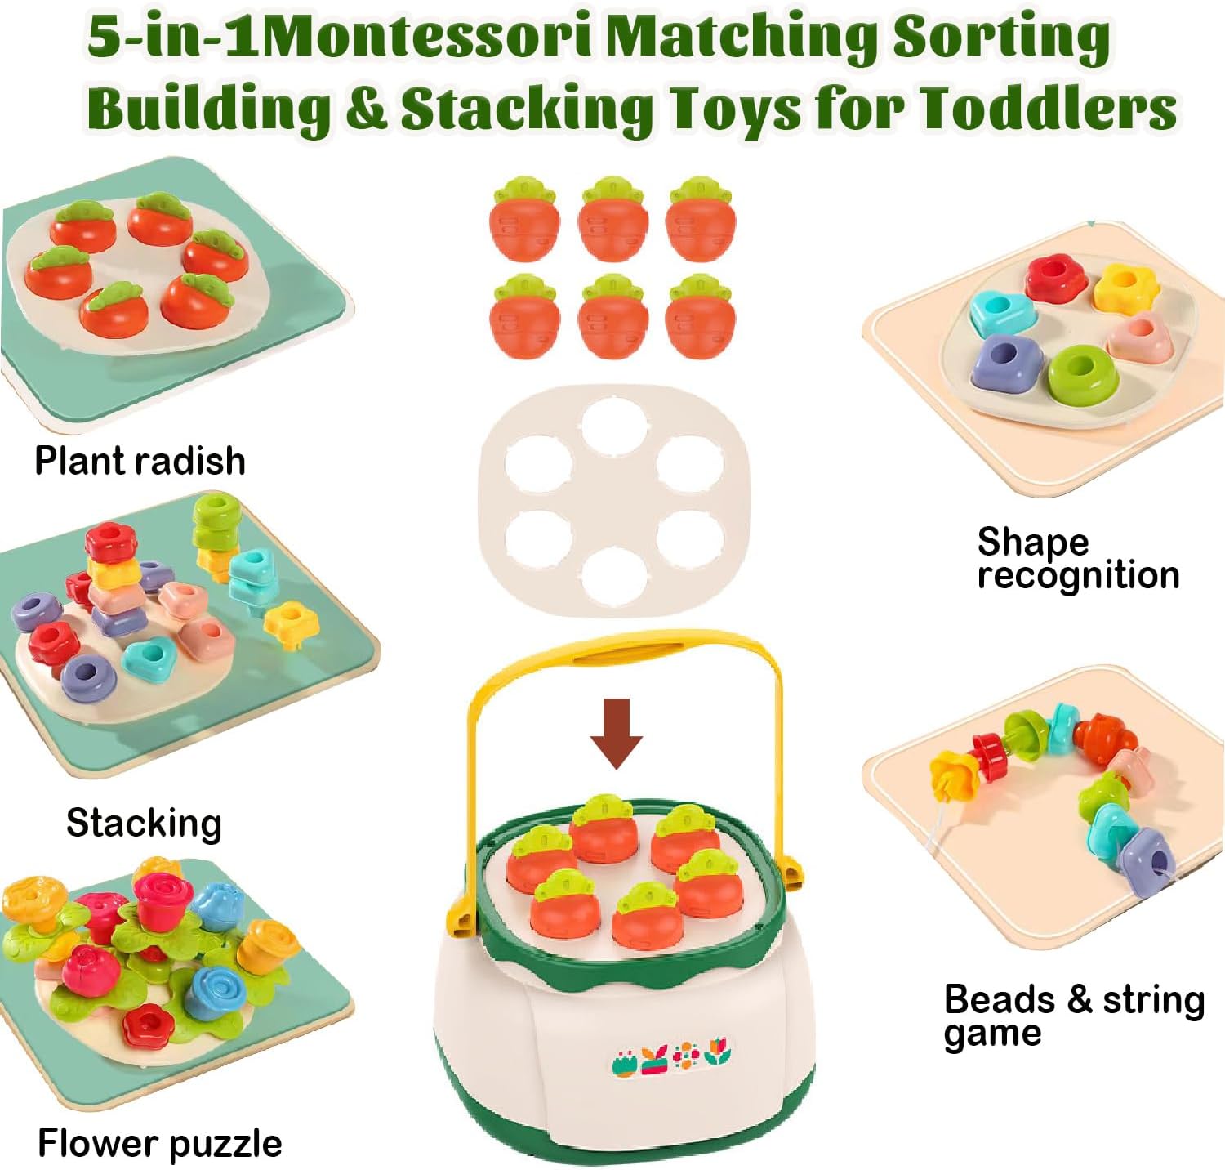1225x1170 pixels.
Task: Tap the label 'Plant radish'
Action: tap(140, 462)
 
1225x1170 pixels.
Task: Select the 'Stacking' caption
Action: tap(144, 823)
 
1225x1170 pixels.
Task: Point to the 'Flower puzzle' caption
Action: tap(160, 1143)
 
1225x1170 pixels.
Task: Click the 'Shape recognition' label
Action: tap(1078, 559)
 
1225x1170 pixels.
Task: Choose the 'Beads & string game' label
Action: tap(1074, 1016)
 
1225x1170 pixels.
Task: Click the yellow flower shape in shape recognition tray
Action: tap(1127, 287)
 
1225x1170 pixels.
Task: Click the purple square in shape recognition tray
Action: tap(1008, 360)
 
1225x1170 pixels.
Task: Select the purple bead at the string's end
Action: tap(1147, 860)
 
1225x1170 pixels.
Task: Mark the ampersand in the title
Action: tap(365, 109)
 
